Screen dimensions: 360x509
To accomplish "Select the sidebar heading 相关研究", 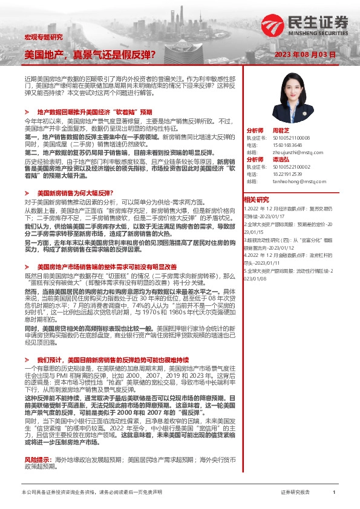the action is tap(256, 199).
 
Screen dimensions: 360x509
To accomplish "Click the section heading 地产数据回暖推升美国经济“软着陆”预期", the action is tap(94, 112).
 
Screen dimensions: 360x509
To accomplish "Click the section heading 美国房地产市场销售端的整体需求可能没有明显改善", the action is tap(106, 266).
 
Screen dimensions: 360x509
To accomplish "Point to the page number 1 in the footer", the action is tap(334, 493).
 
